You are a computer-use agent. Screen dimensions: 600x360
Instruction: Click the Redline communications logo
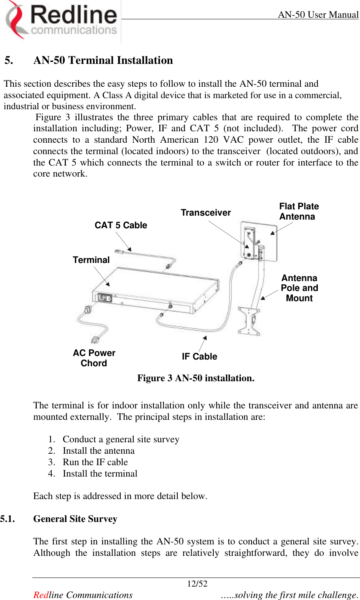(x=61, y=20)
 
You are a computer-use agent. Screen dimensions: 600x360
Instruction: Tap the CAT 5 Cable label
(x=121, y=225)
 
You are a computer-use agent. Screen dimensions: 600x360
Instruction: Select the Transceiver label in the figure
(x=205, y=213)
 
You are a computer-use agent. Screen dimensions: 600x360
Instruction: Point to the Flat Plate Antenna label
(x=298, y=211)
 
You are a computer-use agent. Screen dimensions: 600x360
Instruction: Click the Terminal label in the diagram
(x=91, y=260)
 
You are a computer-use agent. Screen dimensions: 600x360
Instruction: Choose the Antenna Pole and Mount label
(x=299, y=288)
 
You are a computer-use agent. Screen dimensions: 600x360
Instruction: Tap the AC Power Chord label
(x=94, y=358)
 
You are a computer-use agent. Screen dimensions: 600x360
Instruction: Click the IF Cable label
(x=199, y=356)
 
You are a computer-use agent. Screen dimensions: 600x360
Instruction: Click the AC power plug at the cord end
(x=95, y=339)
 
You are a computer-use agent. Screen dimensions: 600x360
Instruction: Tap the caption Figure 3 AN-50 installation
(x=196, y=378)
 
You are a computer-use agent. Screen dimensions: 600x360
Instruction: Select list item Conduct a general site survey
(x=121, y=439)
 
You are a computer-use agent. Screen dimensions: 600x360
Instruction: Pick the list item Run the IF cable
(x=95, y=462)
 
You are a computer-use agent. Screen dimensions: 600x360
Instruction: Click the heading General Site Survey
(x=75, y=519)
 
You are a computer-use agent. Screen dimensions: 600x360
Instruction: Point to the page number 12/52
(x=197, y=584)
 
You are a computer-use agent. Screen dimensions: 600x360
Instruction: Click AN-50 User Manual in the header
(x=318, y=15)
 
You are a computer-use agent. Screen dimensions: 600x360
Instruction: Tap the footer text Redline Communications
(x=83, y=595)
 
